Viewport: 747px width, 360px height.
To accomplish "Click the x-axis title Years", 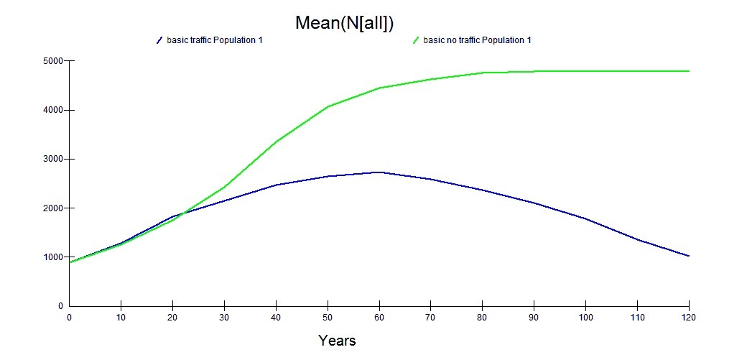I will click(337, 340).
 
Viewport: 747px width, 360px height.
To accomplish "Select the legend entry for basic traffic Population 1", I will click(214, 40).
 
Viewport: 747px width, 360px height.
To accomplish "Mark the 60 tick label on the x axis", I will click(379, 316).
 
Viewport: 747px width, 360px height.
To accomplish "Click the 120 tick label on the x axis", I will click(689, 316).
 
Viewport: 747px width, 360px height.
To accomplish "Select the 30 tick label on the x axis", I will click(224, 316).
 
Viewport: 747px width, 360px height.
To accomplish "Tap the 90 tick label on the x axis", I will click(534, 316).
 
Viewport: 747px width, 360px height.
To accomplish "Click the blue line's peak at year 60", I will click(379, 172).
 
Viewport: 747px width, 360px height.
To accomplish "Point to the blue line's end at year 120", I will click(689, 256).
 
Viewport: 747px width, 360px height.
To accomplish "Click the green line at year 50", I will click(328, 106).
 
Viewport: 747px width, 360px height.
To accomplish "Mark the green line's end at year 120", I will click(689, 71).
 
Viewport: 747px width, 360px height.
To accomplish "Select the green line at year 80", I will click(483, 73).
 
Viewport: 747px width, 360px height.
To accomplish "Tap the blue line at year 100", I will click(586, 218).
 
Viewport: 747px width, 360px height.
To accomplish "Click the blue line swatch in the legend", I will click(159, 40).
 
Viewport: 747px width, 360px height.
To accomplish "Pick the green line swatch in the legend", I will click(416, 40).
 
